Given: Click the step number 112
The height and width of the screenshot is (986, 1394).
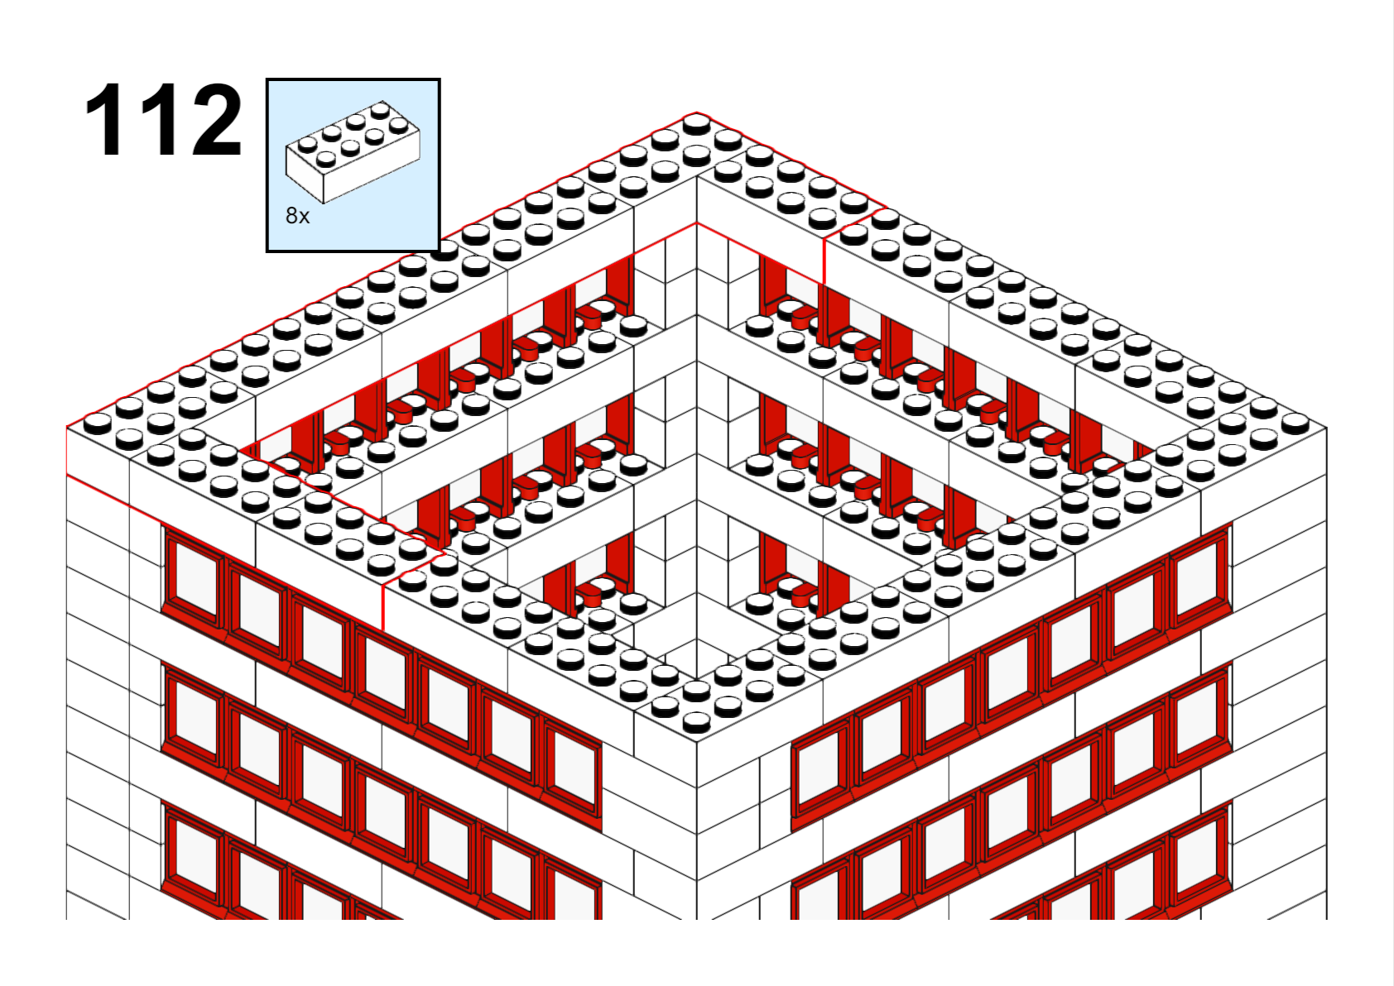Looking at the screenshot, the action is pyautogui.click(x=163, y=120).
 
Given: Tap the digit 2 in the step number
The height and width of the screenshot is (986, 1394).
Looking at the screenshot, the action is pyautogui.click(x=216, y=120).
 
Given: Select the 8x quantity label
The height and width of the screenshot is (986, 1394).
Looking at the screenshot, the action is pyautogui.click(x=297, y=216).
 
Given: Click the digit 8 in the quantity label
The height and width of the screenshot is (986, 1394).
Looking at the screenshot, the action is pyautogui.click(x=291, y=216).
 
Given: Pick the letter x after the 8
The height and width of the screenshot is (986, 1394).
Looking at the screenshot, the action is pyautogui.click(x=305, y=218).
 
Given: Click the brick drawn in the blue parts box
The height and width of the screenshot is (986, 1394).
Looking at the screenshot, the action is pyautogui.click(x=353, y=151).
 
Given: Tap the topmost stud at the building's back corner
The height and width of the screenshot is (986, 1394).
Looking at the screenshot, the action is pyautogui.click(x=696, y=125).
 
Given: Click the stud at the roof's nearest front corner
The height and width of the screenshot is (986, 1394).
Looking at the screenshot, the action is pyautogui.click(x=696, y=722).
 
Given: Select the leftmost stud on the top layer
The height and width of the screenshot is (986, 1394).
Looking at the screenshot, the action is pyautogui.click(x=98, y=424).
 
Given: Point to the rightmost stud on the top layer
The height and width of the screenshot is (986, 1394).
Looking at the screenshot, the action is pyautogui.click(x=1295, y=424).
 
